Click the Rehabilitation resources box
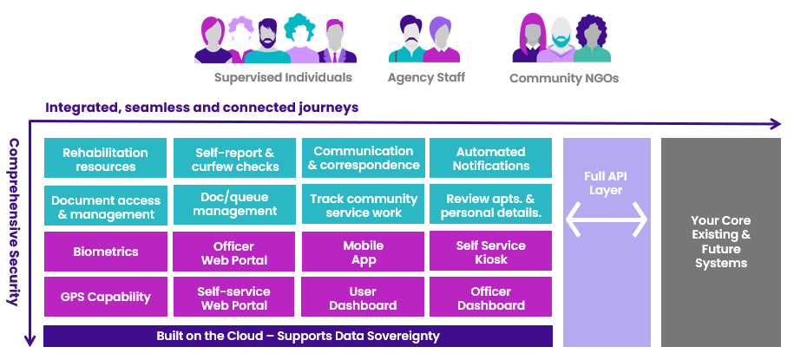[x=105, y=159]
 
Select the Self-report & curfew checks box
[x=234, y=159]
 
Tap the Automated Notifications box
[x=491, y=159]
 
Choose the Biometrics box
[x=105, y=252]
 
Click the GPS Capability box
[x=105, y=298]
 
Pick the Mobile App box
[x=363, y=252]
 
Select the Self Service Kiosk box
[x=491, y=252]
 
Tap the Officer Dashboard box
[x=491, y=298]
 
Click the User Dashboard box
[x=363, y=298]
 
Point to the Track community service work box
[x=363, y=206]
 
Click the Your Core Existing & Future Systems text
[x=721, y=241]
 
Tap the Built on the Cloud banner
[x=298, y=336]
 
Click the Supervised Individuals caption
[x=283, y=77]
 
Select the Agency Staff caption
[x=426, y=77]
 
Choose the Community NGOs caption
[x=564, y=78]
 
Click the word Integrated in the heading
[x=82, y=108]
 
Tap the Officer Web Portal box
[x=234, y=252]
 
